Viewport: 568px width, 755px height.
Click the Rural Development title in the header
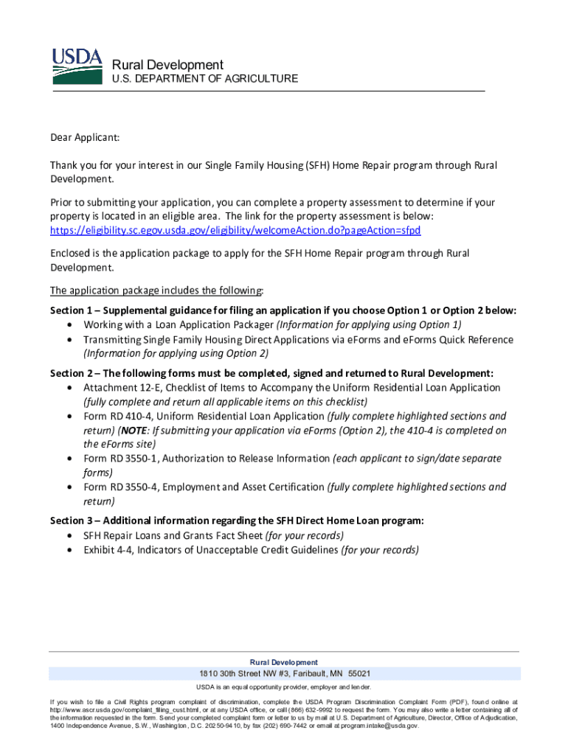167,65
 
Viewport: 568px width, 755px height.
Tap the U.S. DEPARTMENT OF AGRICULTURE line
204,79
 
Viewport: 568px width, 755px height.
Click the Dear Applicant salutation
84,138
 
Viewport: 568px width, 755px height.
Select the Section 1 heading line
283,310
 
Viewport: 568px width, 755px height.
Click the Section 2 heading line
271,373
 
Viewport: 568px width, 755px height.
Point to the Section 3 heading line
237,521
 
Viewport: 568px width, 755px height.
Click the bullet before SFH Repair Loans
69,536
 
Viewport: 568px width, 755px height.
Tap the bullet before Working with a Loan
69,325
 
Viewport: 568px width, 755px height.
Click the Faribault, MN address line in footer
284,674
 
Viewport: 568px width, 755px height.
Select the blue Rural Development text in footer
284,662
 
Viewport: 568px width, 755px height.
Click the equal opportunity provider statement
284,687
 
